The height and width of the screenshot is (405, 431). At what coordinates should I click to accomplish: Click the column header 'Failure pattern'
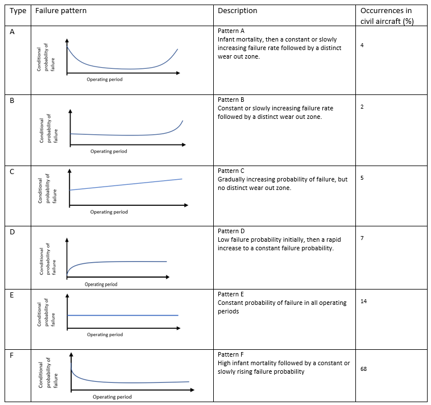61,11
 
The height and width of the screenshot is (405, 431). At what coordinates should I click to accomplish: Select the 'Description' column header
238,11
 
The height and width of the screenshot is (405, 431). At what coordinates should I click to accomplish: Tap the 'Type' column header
18,11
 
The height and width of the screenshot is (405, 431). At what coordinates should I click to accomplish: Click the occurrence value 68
363,369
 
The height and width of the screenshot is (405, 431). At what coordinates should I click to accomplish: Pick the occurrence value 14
363,301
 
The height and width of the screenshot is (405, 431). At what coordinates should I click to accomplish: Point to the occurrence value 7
362,238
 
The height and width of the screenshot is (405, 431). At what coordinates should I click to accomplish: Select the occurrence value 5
362,178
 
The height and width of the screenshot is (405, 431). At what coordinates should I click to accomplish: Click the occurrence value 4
362,45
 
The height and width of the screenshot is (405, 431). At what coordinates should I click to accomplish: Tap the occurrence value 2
362,107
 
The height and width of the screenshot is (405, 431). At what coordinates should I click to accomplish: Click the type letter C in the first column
12,172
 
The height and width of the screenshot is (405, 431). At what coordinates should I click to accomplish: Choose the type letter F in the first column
11,356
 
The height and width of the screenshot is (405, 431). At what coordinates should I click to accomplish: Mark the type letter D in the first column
12,232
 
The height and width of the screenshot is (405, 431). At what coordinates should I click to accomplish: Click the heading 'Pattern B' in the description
231,100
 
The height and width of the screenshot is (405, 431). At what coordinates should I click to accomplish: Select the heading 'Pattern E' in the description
231,294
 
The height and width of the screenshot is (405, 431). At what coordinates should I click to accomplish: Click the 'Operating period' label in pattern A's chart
105,80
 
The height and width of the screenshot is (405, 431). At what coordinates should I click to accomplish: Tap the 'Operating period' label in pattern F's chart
112,397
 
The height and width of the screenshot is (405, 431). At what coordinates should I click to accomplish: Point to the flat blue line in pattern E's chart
123,315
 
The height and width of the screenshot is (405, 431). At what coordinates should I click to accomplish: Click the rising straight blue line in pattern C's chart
126,184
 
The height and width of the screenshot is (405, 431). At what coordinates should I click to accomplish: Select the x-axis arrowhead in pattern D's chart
168,277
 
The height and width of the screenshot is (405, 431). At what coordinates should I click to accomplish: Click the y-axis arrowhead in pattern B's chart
71,111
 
